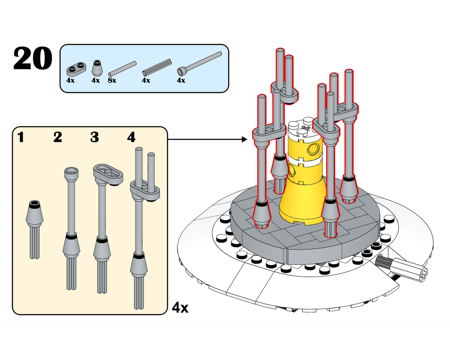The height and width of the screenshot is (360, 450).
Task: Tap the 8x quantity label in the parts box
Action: pyautogui.click(x=112, y=81)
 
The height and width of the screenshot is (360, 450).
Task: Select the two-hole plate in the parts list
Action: pyautogui.click(x=76, y=69)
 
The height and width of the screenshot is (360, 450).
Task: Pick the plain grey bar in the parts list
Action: pyautogui.click(x=122, y=67)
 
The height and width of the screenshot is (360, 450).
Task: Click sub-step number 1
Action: pyautogui.click(x=21, y=137)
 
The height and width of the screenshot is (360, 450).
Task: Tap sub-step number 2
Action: pyautogui.click(x=58, y=137)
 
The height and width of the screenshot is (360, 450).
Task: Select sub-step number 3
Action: pyautogui.click(x=94, y=137)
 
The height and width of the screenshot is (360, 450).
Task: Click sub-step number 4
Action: pyautogui.click(x=131, y=137)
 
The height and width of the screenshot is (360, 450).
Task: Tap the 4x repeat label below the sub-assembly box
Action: pyautogui.click(x=180, y=308)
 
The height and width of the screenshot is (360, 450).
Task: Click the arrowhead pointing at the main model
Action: pyautogui.click(x=244, y=139)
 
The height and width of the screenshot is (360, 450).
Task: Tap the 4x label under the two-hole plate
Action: pyautogui.click(x=70, y=81)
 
